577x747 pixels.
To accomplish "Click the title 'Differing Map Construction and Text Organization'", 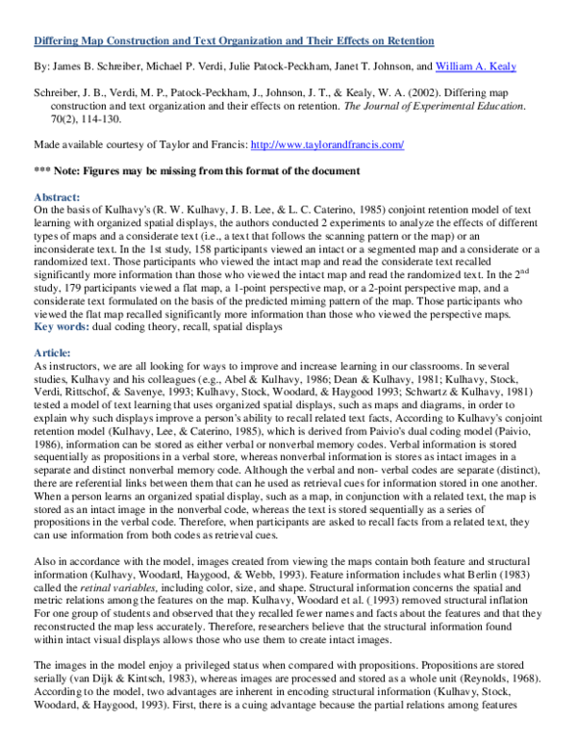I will (x=234, y=41).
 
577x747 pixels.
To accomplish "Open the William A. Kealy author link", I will (x=475, y=66).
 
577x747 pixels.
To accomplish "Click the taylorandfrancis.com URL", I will (x=326, y=144).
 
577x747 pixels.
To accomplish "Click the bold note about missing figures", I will (x=197, y=170).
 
